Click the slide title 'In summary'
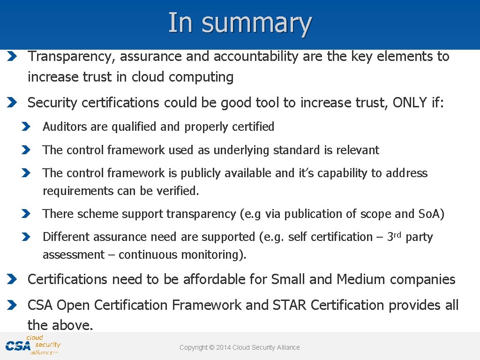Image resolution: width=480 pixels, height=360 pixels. click(240, 22)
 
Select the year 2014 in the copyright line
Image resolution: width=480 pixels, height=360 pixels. click(223, 347)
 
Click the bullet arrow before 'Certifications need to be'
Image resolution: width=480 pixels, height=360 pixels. click(13, 280)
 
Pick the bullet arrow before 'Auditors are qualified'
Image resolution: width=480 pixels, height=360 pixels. click(26, 127)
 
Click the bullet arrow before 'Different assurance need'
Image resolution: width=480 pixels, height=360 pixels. click(26, 237)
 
